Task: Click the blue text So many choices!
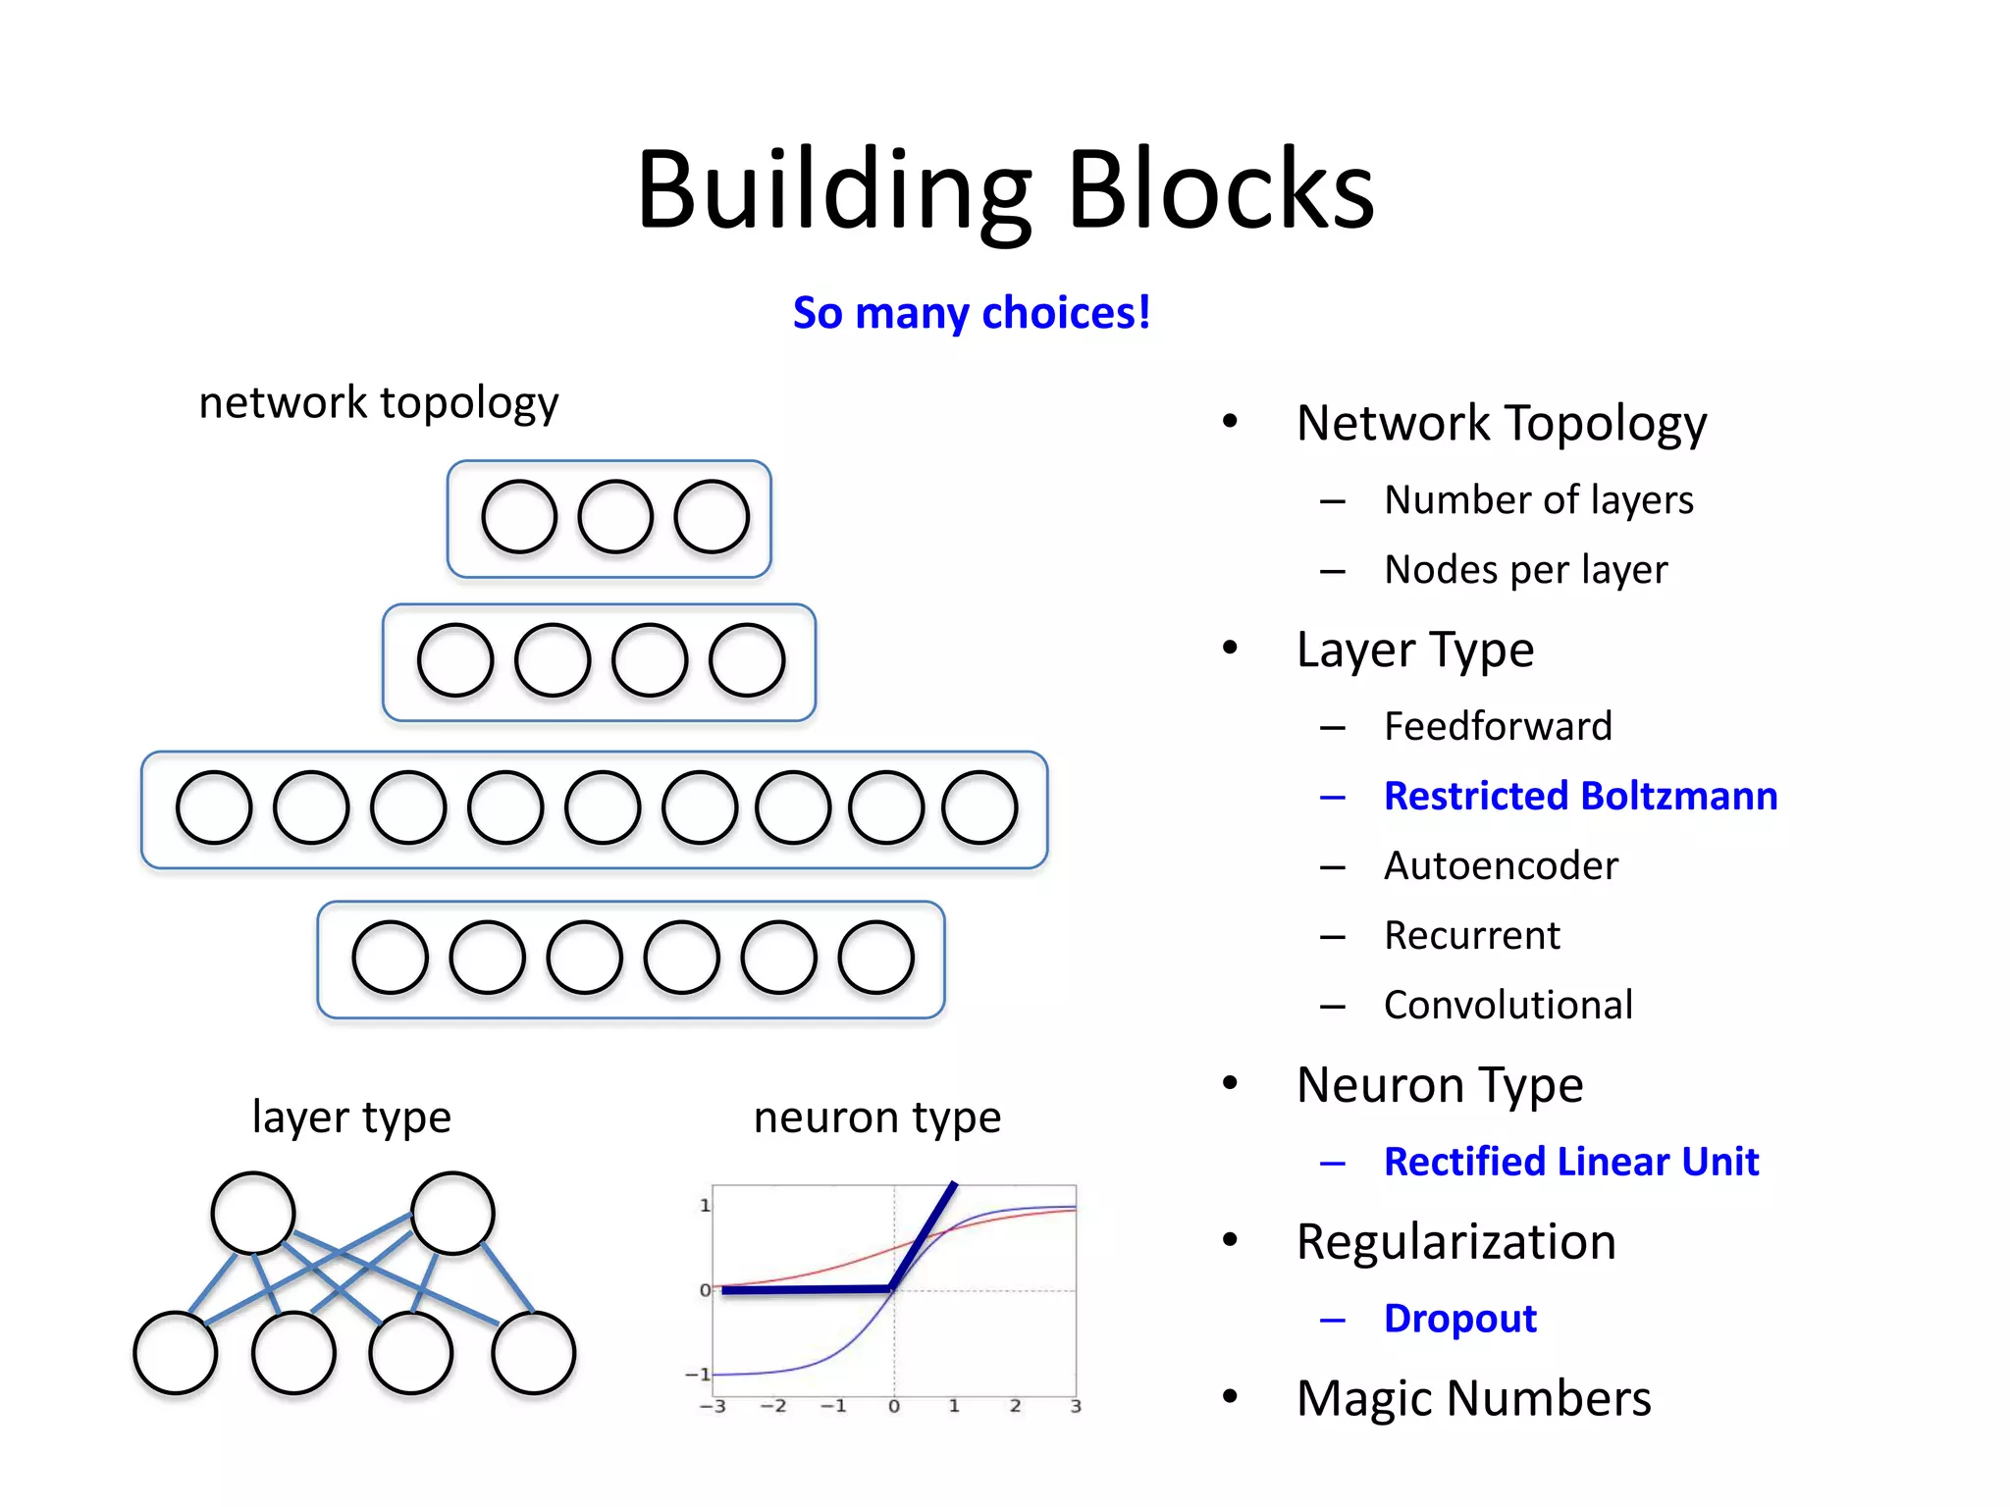click(971, 313)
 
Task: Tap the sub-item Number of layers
click(1538, 500)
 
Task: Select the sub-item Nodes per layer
click(1525, 570)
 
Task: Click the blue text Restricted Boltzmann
click(1580, 796)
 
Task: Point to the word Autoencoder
click(1501, 865)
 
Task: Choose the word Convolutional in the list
click(1508, 1005)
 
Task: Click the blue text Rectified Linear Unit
click(1570, 1162)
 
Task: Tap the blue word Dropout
click(1459, 1319)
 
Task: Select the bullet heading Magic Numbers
click(1472, 1398)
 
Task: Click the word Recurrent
click(1471, 935)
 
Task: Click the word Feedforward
click(1498, 726)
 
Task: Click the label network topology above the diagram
click(378, 402)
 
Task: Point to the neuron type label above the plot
click(876, 1117)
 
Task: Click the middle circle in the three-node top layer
click(615, 516)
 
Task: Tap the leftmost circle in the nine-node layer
click(214, 807)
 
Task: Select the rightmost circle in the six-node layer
click(876, 957)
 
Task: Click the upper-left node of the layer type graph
click(253, 1213)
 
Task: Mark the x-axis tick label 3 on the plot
click(1076, 1406)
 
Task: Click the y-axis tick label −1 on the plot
click(698, 1374)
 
